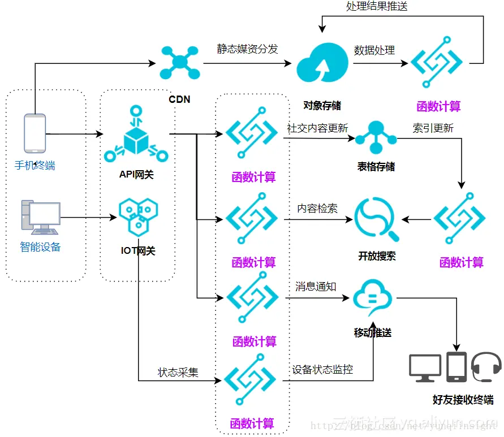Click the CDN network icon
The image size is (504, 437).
179,62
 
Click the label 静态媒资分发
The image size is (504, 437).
248,49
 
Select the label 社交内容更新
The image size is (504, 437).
317,128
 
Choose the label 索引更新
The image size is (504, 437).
433,128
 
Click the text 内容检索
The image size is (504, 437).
317,208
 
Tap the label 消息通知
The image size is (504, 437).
316,287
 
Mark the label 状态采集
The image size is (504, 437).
178,373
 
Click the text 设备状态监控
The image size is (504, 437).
322,370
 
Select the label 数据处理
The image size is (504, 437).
374,50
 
